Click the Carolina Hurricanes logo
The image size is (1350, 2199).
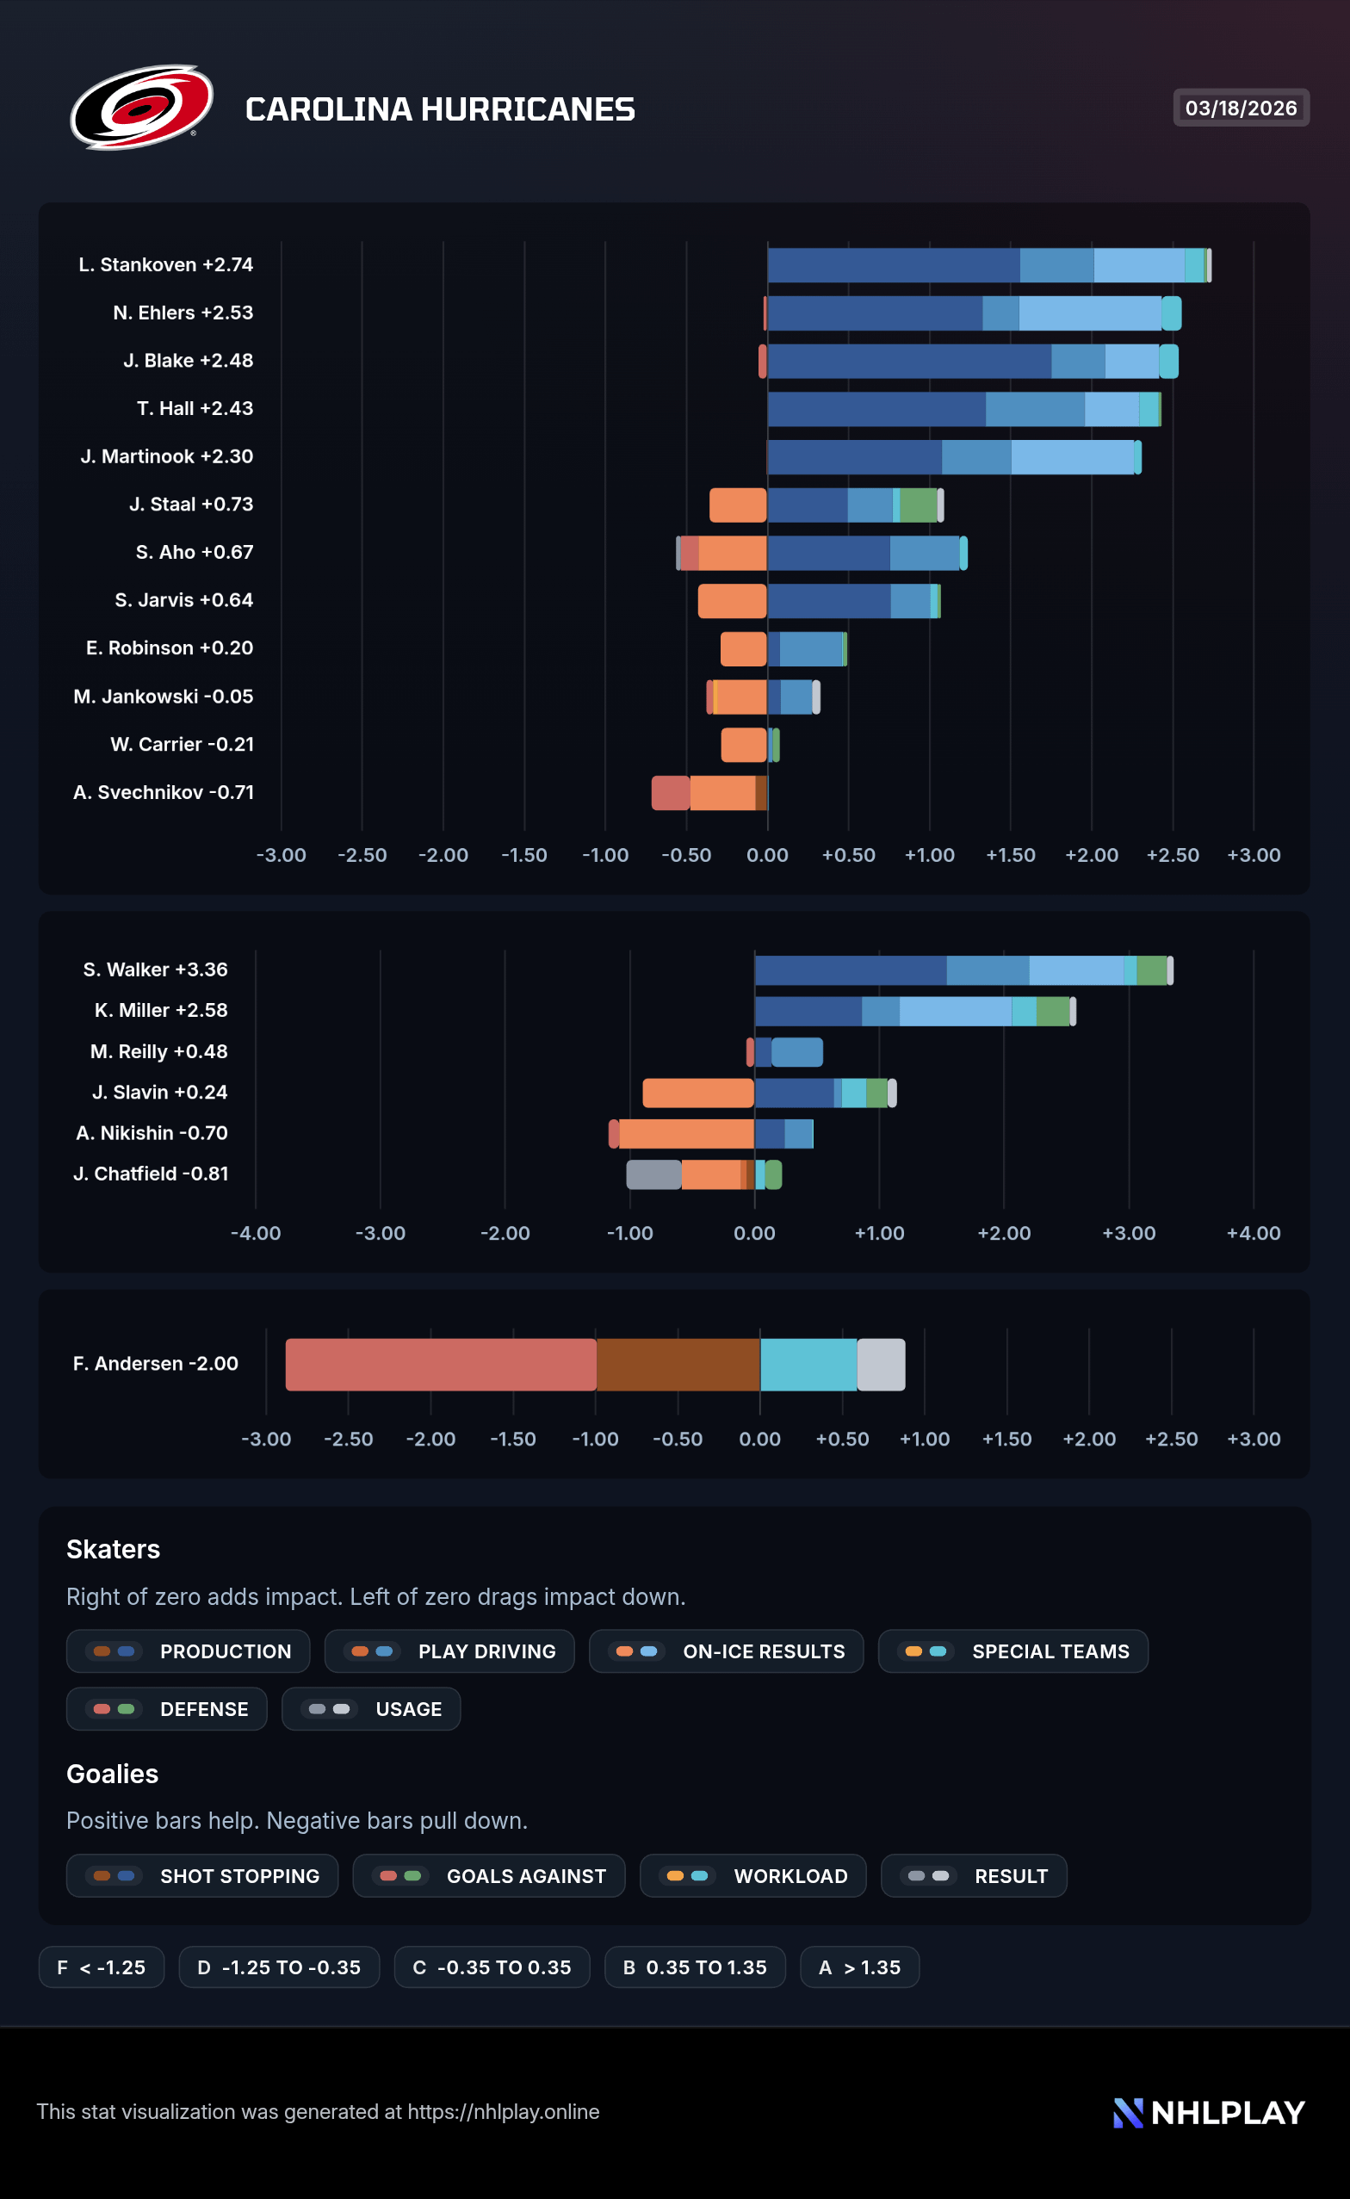[141, 107]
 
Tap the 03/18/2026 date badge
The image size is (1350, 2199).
[1240, 108]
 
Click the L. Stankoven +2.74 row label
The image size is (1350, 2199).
[165, 265]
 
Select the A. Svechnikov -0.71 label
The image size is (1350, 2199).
[164, 793]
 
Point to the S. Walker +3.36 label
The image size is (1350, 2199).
[155, 969]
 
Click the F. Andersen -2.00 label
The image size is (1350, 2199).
[155, 1363]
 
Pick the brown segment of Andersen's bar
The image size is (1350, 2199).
[678, 1364]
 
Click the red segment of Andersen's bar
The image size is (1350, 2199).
[440, 1364]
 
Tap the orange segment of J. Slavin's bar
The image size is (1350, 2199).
[697, 1093]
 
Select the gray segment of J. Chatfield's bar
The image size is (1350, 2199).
[653, 1174]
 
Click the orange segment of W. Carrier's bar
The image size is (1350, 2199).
[743, 745]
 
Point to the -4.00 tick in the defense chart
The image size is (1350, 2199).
[256, 1233]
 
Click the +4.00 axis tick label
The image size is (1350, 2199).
[1253, 1233]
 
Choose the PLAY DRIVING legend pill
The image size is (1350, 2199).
[449, 1651]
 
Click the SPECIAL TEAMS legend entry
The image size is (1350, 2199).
[1012, 1651]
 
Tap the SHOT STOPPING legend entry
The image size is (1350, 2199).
[201, 1876]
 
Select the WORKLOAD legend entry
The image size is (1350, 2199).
[752, 1876]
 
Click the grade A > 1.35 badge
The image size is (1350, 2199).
[859, 1967]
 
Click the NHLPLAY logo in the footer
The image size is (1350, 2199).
[1209, 2112]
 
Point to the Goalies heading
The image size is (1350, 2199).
[113, 1774]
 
